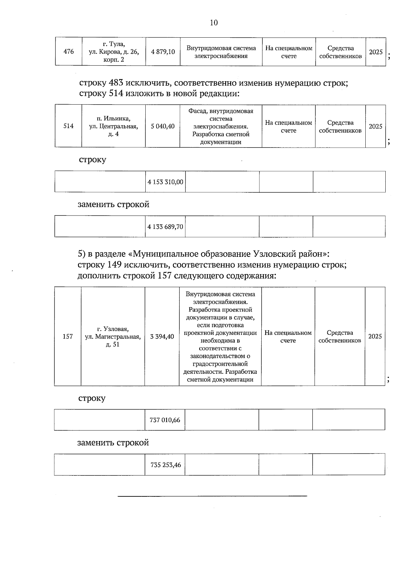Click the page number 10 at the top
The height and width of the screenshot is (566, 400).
(x=214, y=23)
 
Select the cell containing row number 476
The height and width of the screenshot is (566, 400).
(x=68, y=52)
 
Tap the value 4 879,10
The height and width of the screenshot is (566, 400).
(x=163, y=52)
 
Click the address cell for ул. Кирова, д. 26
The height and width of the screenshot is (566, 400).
(x=114, y=52)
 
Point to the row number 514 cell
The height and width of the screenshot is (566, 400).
(x=68, y=126)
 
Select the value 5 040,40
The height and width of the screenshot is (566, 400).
(x=163, y=126)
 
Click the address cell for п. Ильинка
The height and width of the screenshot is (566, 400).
(x=114, y=126)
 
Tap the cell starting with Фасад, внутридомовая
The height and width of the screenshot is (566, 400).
(x=221, y=126)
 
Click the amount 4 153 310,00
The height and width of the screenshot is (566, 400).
(x=165, y=182)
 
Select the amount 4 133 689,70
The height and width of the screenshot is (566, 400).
(x=165, y=227)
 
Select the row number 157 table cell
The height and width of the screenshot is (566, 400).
(x=68, y=336)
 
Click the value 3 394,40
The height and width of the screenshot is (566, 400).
(x=162, y=336)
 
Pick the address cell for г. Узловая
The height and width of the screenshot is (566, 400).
(x=113, y=336)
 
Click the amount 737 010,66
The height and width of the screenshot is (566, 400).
(x=165, y=420)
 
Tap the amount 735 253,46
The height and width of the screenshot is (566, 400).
(x=166, y=465)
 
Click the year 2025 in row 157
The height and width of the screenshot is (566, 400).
(x=375, y=336)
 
